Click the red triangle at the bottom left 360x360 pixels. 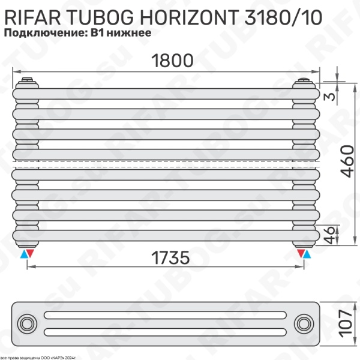coord(31,254)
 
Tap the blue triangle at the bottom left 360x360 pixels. coord(23,254)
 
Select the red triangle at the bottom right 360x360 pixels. coord(299,254)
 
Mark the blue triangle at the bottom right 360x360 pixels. coord(308,254)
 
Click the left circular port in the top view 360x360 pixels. coord(27,325)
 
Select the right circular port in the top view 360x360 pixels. coord(304,325)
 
